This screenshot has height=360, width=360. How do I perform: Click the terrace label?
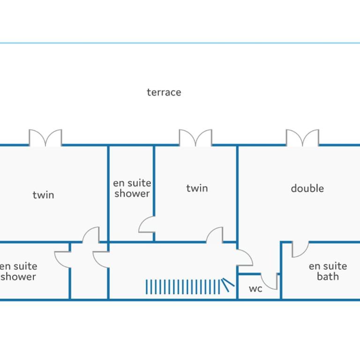tap(164, 92)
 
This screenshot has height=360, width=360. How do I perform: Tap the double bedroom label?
tap(307, 188)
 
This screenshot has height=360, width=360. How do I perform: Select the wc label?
tap(255, 289)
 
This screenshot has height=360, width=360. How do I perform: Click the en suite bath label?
tap(328, 271)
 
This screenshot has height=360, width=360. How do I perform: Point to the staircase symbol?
tap(190, 286)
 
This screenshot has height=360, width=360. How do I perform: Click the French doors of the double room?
tap(302, 138)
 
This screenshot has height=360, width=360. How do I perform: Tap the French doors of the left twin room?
tap(45, 138)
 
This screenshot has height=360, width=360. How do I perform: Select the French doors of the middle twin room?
tap(195, 138)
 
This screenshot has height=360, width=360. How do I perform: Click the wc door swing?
tap(269, 281)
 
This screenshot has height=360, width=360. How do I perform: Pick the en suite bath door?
tap(300, 249)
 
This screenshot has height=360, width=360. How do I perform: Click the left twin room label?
tap(44, 195)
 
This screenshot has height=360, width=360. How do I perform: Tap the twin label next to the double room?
tap(197, 188)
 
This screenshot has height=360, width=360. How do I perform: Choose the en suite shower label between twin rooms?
tap(132, 188)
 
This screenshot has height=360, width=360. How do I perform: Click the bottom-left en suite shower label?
tap(18, 271)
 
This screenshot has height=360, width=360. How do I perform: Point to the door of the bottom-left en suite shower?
tap(62, 260)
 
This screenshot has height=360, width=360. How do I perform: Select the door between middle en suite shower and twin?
tap(146, 225)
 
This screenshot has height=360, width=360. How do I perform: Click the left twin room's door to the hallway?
tap(91, 235)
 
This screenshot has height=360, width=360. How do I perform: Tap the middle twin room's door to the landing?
tap(214, 235)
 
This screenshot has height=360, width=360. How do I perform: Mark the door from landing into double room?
tap(245, 258)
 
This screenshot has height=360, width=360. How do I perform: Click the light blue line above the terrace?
tap(180, 43)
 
